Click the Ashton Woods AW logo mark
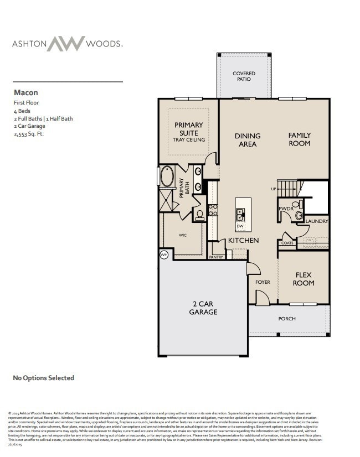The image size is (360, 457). coord(65,44)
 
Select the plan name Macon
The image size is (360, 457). coord(25,93)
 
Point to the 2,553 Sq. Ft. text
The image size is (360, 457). coord(29,134)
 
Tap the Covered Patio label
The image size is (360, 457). coord(244,76)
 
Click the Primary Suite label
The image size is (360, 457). coord(189,128)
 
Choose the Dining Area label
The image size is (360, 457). coord(248,140)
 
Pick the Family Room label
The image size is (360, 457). coord(299,139)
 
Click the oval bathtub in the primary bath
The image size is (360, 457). coord(167,177)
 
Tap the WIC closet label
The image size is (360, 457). coord(182,235)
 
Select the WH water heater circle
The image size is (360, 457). coord(164,255)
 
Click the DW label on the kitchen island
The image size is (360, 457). coord(240,226)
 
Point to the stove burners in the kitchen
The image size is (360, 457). coord(213,210)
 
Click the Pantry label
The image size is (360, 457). coord(216,257)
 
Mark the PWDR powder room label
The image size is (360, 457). coord(286,209)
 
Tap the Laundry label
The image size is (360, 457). coord(317,221)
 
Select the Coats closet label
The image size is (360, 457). coord(287,243)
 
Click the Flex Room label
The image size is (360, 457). coord(304,279)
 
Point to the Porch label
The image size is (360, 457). coord(287,319)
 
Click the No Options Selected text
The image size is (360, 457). coord(43,378)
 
